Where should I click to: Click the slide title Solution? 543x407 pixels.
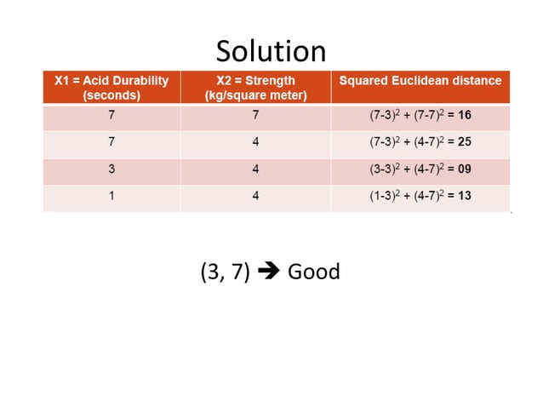coord(271,52)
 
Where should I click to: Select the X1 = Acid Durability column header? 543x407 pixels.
coord(111,81)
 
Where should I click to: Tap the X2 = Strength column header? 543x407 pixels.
coord(255,81)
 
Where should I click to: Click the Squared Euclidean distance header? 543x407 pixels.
coord(420,81)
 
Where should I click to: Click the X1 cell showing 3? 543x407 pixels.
coord(111,169)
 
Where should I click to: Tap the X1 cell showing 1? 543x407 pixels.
coord(111,196)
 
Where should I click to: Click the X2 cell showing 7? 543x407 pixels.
coord(255,115)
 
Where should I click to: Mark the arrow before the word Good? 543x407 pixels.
coord(268,272)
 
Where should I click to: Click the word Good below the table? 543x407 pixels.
coord(313,272)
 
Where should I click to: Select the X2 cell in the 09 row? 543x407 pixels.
coord(255,169)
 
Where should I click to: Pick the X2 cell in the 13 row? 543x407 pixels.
coord(255,196)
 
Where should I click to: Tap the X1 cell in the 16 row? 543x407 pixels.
coord(111,115)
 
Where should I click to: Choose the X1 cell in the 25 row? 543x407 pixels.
coord(111,142)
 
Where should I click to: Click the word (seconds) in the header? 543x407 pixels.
coord(111,95)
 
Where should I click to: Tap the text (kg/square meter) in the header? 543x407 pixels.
coord(255,95)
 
